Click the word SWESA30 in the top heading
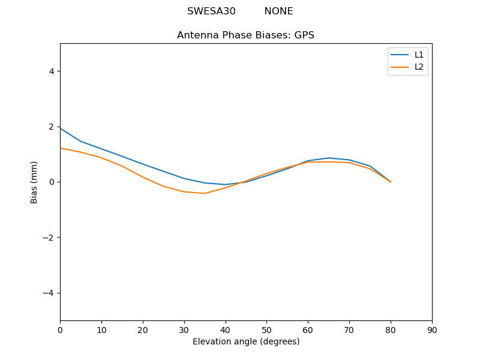tap(211, 11)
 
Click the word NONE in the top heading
tap(278, 11)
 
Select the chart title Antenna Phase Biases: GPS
tap(245, 35)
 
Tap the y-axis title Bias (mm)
tap(34, 182)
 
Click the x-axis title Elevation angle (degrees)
tap(246, 341)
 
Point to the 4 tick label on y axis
tap(51, 71)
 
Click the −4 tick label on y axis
tap(48, 293)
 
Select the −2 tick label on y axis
tap(48, 238)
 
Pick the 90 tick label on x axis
tap(432, 329)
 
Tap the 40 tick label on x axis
tap(226, 329)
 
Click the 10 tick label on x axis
tap(101, 329)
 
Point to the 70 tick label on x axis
tap(349, 329)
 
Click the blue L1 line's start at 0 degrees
tap(61, 128)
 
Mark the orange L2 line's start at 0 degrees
tap(61, 148)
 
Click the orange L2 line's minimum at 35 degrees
tap(205, 193)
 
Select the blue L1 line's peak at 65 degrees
tap(329, 158)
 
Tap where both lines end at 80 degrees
tap(391, 182)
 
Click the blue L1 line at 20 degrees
tap(143, 164)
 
